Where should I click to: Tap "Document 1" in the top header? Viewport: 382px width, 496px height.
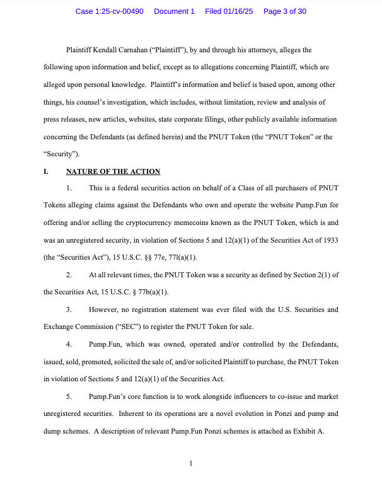(175, 11)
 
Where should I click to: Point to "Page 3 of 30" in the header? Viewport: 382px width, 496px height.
(285, 11)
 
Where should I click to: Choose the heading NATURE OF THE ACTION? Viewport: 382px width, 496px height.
(113, 171)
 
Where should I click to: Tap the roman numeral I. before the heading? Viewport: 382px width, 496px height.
(46, 171)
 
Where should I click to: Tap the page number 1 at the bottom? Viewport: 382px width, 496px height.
(190, 464)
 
